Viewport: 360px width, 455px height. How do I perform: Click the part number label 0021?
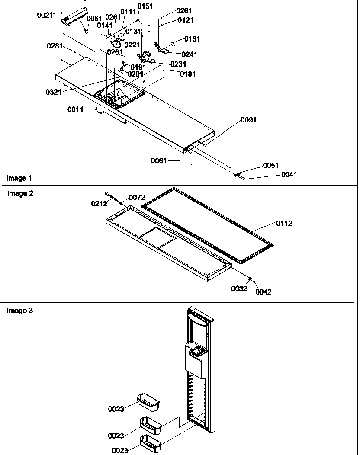pyautogui.click(x=45, y=15)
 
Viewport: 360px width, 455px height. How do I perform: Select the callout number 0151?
pyautogui.click(x=145, y=6)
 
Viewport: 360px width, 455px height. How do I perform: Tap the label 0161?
pyautogui.click(x=192, y=39)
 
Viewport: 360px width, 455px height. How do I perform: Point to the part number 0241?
pyautogui.click(x=189, y=54)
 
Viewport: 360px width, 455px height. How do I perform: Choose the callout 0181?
pyautogui.click(x=187, y=74)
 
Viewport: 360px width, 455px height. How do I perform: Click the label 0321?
pyautogui.click(x=53, y=92)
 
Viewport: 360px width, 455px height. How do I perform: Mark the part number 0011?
pyautogui.click(x=75, y=109)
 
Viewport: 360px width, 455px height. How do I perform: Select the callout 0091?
pyautogui.click(x=248, y=120)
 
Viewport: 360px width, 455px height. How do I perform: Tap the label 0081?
pyautogui.click(x=159, y=161)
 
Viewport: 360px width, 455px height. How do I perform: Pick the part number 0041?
pyautogui.click(x=289, y=175)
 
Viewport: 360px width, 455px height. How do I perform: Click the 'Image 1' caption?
pyautogui.click(x=19, y=178)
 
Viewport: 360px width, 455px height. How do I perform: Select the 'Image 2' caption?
pyautogui.click(x=20, y=194)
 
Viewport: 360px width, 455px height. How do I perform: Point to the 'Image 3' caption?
pyautogui.click(x=20, y=311)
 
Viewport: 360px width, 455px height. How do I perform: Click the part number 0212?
pyautogui.click(x=99, y=204)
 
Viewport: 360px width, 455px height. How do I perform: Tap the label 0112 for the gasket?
pyautogui.click(x=284, y=224)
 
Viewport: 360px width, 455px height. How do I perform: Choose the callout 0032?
pyautogui.click(x=239, y=288)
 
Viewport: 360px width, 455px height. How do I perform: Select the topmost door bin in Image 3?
pyautogui.click(x=148, y=401)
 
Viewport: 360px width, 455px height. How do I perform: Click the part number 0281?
pyautogui.click(x=55, y=46)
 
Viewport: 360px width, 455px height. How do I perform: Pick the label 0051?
pyautogui.click(x=271, y=166)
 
